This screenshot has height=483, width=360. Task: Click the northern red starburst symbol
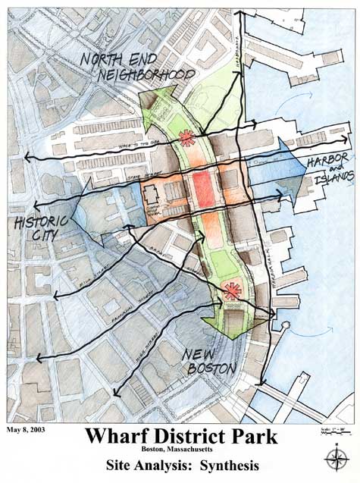point(184,137)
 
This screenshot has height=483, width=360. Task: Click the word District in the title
point(184,438)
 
